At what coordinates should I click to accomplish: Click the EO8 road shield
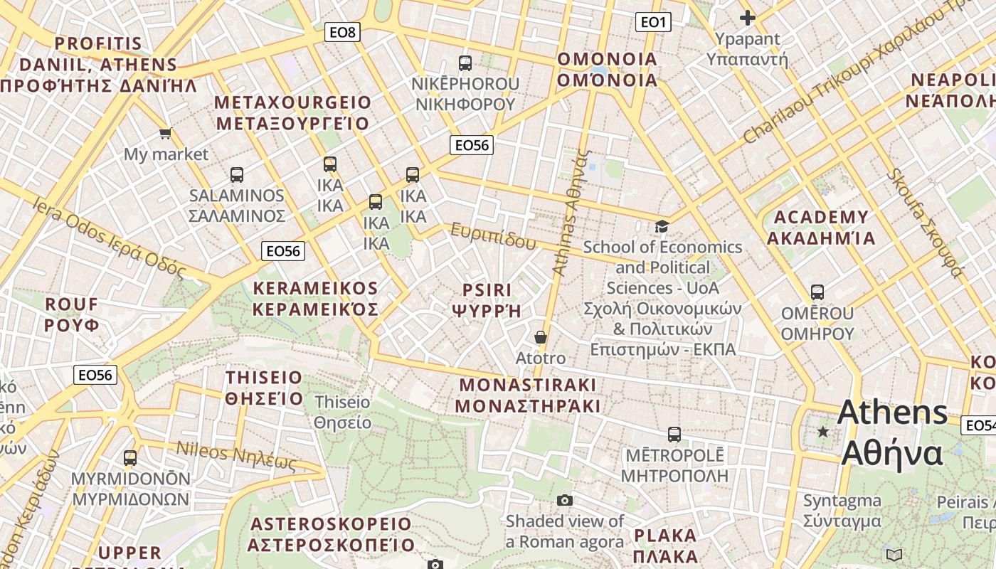342,31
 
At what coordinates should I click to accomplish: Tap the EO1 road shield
652,22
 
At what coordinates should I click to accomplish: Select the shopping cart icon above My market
166,133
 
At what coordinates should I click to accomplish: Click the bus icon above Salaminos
237,174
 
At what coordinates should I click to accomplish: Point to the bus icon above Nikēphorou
465,63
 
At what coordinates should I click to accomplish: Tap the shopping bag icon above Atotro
541,337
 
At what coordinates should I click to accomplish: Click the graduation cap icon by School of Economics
662,227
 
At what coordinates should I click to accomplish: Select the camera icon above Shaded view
565,501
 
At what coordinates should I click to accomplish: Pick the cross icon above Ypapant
747,18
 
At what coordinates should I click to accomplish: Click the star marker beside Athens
823,432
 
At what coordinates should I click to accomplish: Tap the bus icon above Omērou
817,292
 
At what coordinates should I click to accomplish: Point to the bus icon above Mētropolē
674,434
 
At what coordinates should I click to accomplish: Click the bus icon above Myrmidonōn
130,458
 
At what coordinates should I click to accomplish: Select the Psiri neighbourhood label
487,300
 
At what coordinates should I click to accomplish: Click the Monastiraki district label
527,395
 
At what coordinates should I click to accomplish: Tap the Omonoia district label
608,69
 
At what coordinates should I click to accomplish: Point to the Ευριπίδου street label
493,236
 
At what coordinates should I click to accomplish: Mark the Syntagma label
842,511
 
